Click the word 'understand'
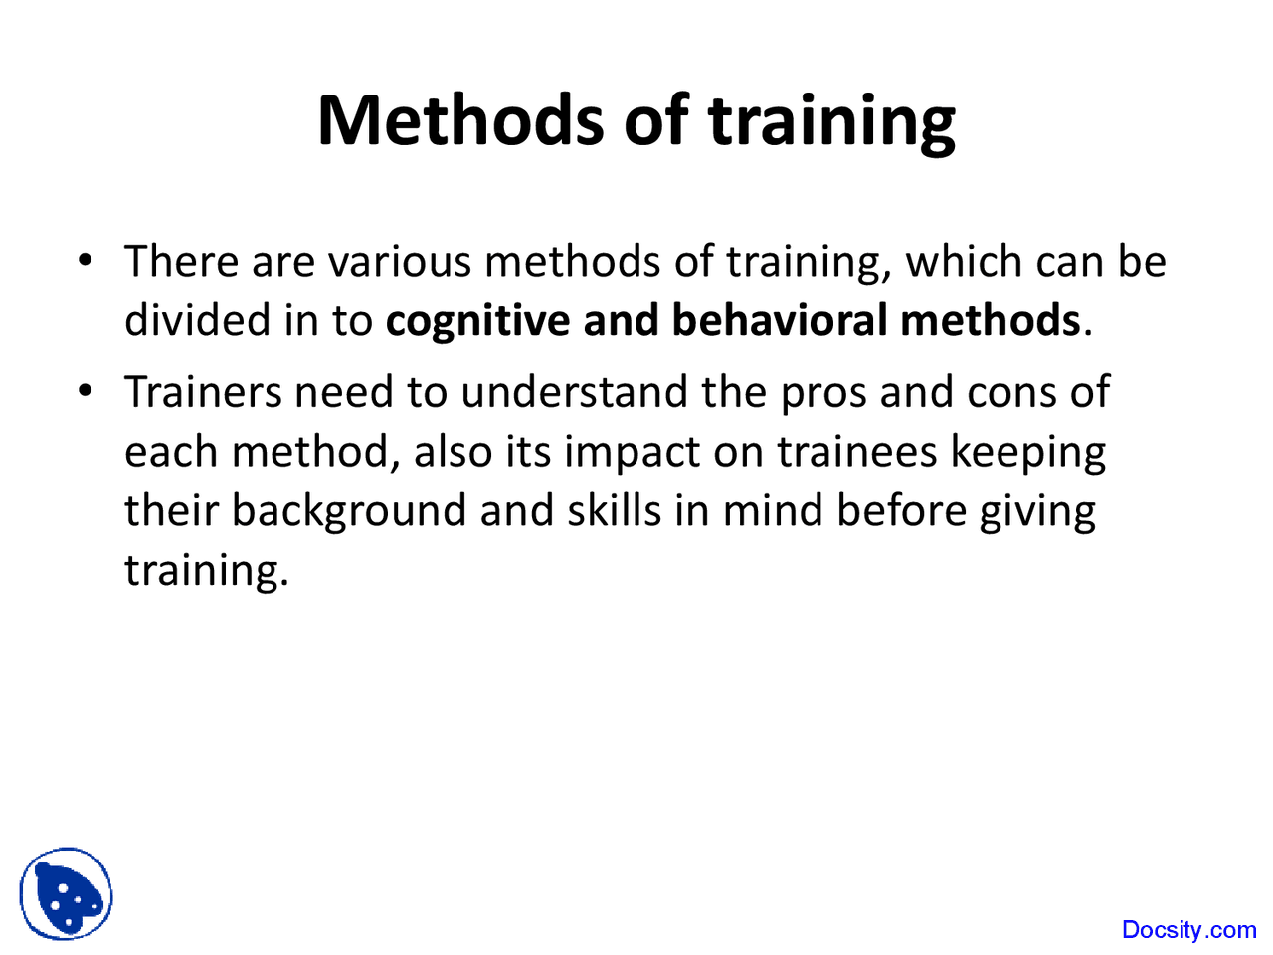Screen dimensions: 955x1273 point(573,392)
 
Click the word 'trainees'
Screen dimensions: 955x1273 point(857,452)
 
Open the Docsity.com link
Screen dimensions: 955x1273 point(1188,930)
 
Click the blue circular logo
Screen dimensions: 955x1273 point(66,894)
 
